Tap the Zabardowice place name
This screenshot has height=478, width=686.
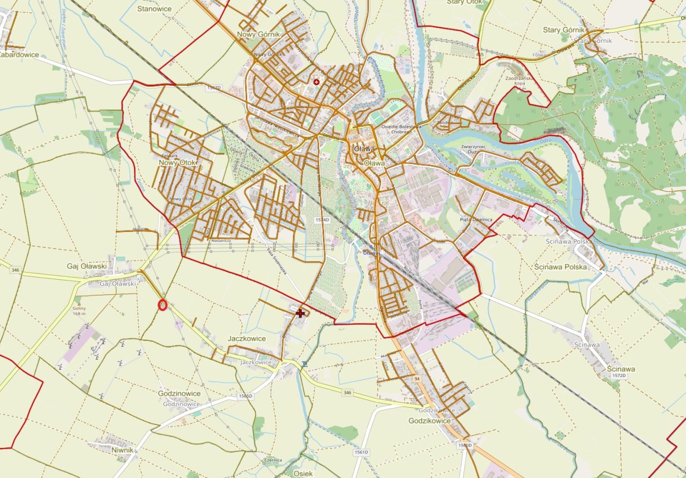click(x=19, y=54)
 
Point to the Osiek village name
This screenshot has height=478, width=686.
click(x=303, y=474)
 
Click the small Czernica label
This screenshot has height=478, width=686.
click(x=273, y=460)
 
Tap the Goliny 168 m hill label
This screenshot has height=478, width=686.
click(x=79, y=312)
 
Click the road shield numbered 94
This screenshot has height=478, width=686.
click(x=417, y=379)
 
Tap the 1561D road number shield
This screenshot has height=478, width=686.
click(x=362, y=452)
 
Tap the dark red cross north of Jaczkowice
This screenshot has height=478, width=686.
click(x=300, y=312)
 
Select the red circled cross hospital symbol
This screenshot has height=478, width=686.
click(x=316, y=82)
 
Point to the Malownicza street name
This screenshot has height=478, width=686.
click(x=221, y=241)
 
